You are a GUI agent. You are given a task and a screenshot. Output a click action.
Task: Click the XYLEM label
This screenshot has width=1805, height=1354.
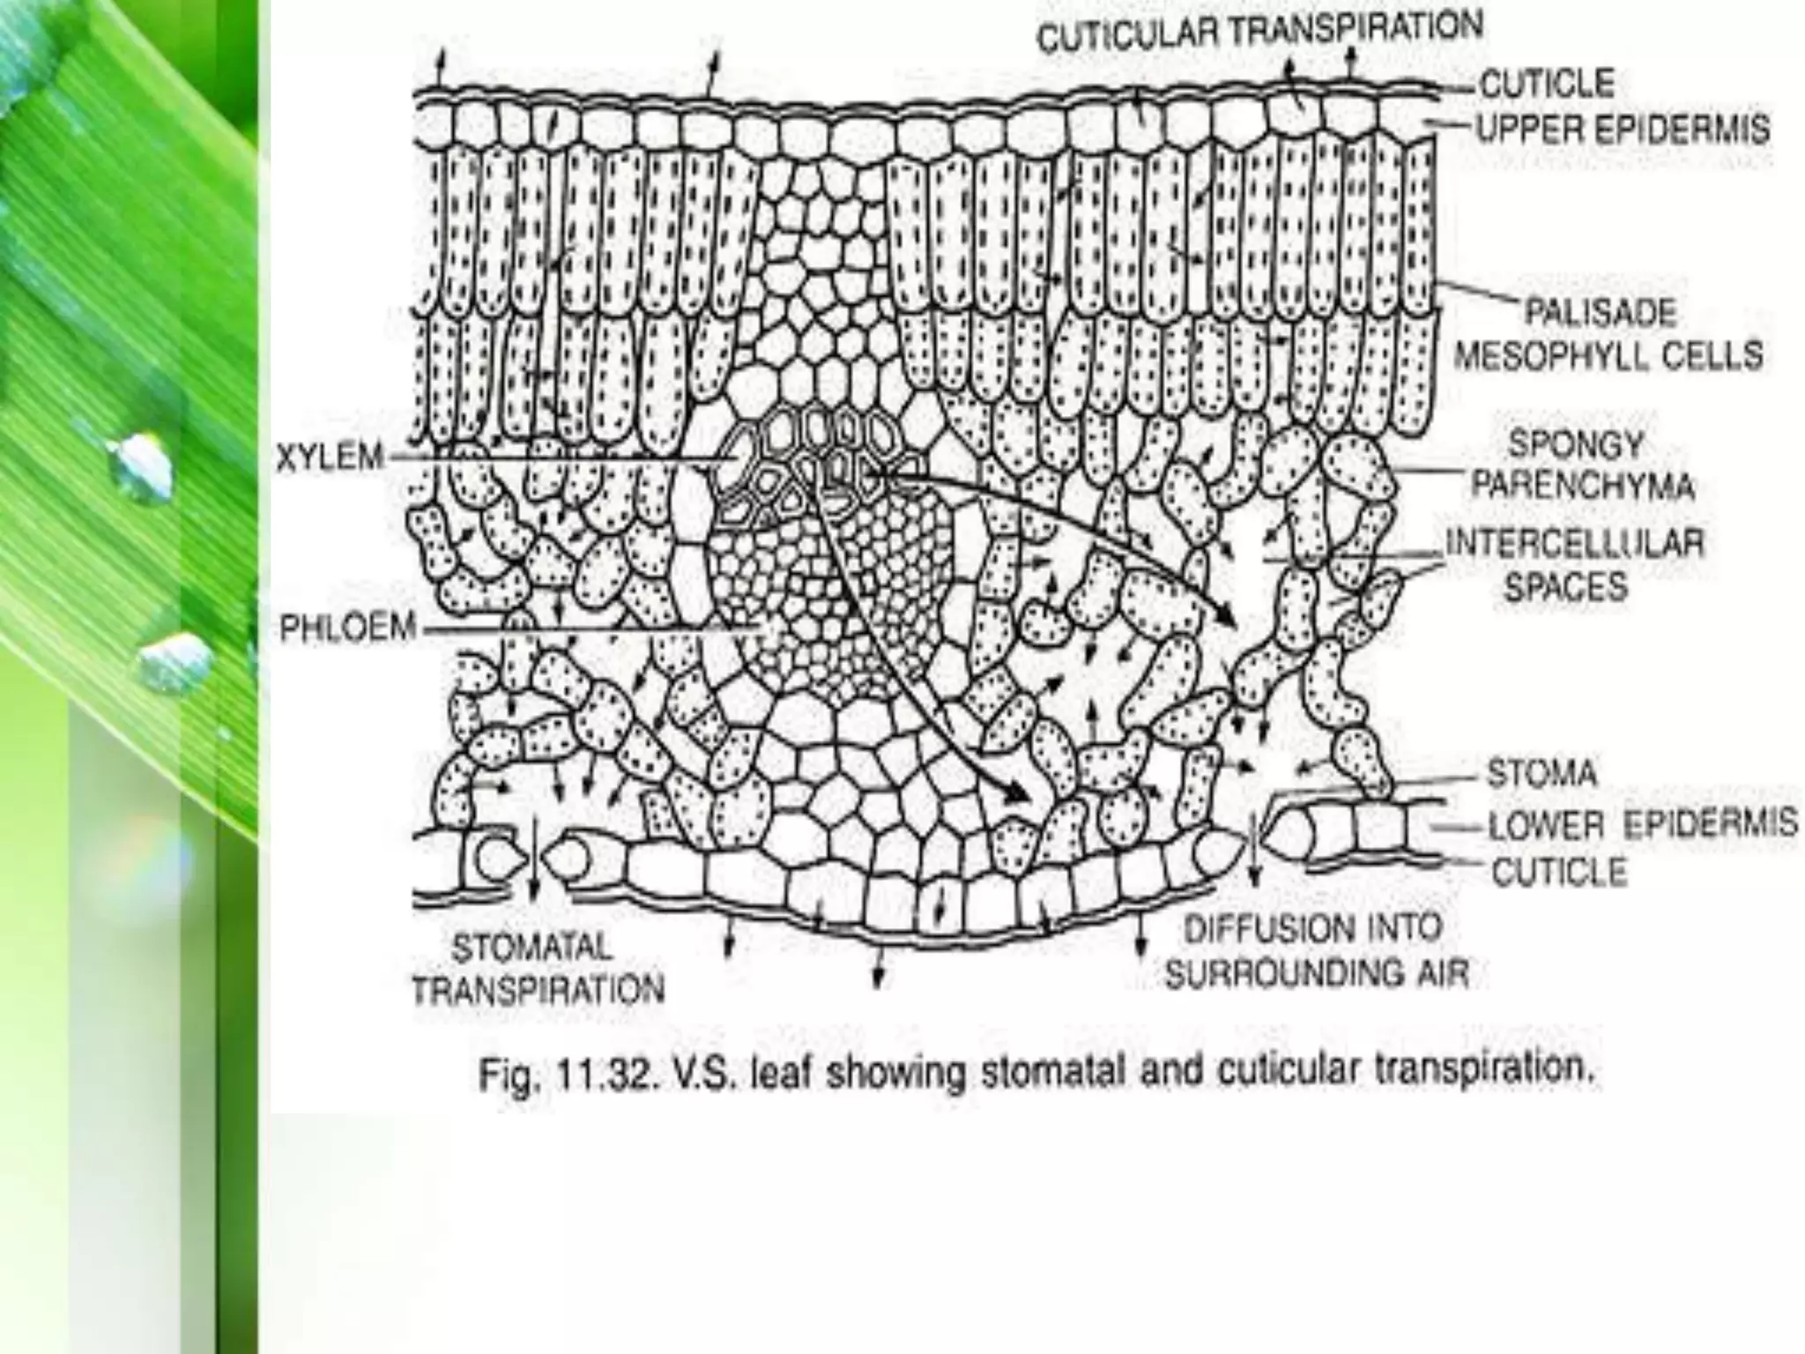330,458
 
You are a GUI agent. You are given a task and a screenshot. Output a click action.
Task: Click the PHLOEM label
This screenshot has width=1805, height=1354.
347,629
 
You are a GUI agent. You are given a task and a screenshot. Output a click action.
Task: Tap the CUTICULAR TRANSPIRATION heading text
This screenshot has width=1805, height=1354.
1259,33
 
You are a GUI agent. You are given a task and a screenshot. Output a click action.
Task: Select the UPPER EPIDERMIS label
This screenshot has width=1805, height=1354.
1623,130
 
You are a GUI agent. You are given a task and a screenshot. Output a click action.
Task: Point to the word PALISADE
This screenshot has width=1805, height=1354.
1601,313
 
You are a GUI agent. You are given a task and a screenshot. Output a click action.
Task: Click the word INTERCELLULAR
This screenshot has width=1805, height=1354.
1575,543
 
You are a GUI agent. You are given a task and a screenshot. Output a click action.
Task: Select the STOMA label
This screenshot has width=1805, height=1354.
1541,774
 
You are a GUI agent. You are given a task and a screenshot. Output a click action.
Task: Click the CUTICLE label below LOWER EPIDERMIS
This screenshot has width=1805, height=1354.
1559,873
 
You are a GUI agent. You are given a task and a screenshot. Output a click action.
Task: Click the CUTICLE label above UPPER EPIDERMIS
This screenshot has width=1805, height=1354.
1548,84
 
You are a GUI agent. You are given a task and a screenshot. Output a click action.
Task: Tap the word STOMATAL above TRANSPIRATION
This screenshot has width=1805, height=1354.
531,949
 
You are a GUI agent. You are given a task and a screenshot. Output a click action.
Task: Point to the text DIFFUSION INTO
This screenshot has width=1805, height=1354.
1312,928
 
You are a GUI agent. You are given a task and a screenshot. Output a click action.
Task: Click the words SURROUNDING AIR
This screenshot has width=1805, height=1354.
1317,973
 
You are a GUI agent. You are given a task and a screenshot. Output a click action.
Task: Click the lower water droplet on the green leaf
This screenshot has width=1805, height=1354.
176,661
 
